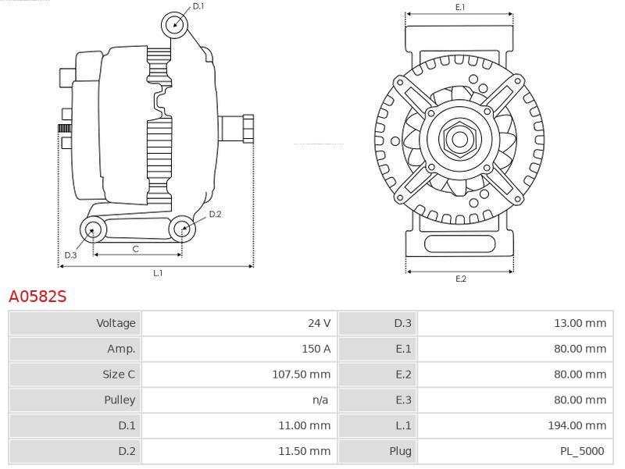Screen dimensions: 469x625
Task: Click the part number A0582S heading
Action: pos(37,297)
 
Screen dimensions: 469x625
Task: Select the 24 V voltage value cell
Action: pos(319,323)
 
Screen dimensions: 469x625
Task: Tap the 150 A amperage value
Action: pos(316,349)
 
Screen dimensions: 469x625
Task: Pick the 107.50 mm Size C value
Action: pos(301,375)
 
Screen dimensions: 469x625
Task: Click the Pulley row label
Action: pos(120,400)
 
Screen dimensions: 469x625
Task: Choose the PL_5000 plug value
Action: pos(583,451)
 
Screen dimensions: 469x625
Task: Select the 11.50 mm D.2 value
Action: pos(304,451)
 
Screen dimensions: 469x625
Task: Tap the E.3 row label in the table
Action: pos(403,400)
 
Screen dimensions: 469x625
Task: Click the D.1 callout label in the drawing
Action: pos(198,6)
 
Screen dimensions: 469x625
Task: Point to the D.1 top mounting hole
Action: pos(175,24)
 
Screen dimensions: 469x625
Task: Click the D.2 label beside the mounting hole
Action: pos(215,214)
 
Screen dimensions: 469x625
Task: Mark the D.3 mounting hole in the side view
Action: pos(94,229)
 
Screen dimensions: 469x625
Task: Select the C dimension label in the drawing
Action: pos(135,249)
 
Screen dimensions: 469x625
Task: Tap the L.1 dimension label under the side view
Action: pos(157,273)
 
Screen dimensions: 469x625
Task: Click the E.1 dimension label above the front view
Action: pos(460,7)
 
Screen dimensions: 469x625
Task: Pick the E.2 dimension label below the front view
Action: pos(460,279)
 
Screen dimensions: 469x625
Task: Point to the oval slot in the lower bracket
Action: pos(459,244)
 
